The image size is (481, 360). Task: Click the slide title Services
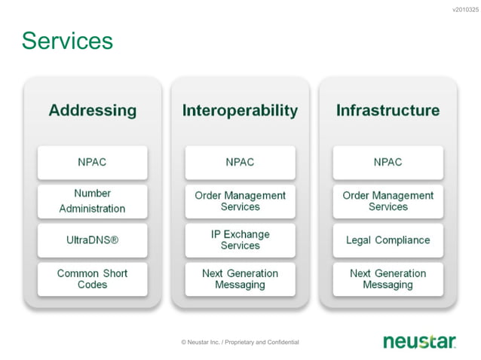coord(67,41)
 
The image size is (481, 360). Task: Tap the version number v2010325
coord(464,10)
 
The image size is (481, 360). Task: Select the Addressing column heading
coord(92,111)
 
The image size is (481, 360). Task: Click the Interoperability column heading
coord(240,111)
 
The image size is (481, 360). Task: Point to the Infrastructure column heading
coord(388,111)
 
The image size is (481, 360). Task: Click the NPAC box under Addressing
coord(92,162)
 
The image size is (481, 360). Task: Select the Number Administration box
coord(92,201)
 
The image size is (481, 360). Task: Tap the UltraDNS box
coord(92,240)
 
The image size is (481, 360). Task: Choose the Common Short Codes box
coord(92,279)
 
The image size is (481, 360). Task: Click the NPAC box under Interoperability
coord(240,162)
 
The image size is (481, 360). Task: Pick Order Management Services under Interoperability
coord(240,201)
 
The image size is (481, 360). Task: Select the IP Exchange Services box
coord(240,240)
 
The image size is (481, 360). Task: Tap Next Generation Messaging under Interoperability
coord(240,279)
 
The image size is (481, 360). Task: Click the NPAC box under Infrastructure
coord(388,162)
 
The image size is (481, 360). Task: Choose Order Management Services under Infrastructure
coord(388,201)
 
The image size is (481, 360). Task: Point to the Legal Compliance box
coord(388,240)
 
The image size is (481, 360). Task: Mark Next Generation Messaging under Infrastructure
coord(388,279)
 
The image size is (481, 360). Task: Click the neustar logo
coord(419,342)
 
